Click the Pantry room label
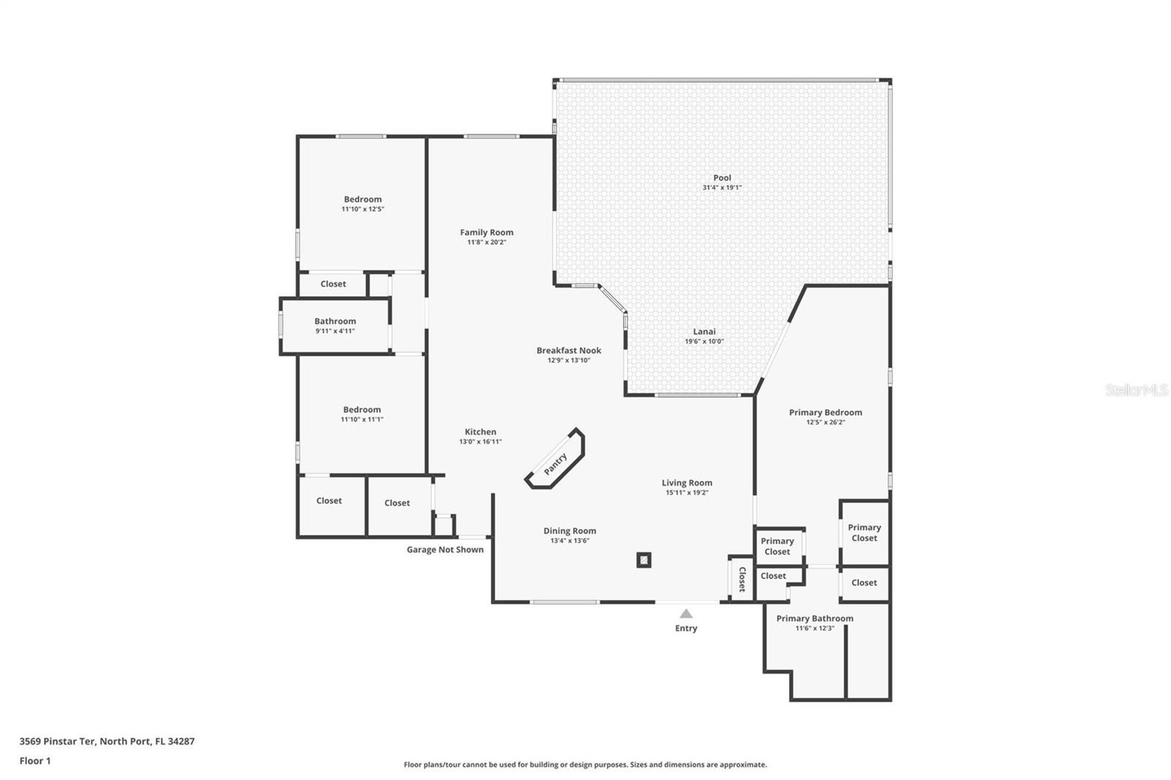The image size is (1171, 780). click(555, 464)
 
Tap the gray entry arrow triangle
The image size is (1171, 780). click(686, 614)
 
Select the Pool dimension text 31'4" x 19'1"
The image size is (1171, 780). click(722, 187)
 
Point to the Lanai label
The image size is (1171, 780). click(704, 331)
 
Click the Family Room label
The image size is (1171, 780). click(487, 232)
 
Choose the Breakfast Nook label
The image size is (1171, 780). click(569, 350)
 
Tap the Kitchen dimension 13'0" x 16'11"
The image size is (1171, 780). click(480, 442)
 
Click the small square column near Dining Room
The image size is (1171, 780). click(643, 560)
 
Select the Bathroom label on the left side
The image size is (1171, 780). click(335, 321)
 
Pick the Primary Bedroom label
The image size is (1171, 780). click(826, 413)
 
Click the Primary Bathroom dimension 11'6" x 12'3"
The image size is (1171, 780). click(815, 629)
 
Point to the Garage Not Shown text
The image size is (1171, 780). click(445, 550)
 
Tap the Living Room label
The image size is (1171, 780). click(687, 483)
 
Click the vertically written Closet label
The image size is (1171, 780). click(742, 580)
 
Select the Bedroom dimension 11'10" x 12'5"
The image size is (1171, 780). click(363, 209)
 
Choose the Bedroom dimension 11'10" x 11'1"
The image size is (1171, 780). click(362, 419)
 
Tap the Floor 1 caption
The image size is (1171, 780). click(35, 761)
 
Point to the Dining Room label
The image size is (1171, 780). click(569, 530)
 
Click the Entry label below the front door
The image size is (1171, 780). click(686, 629)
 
